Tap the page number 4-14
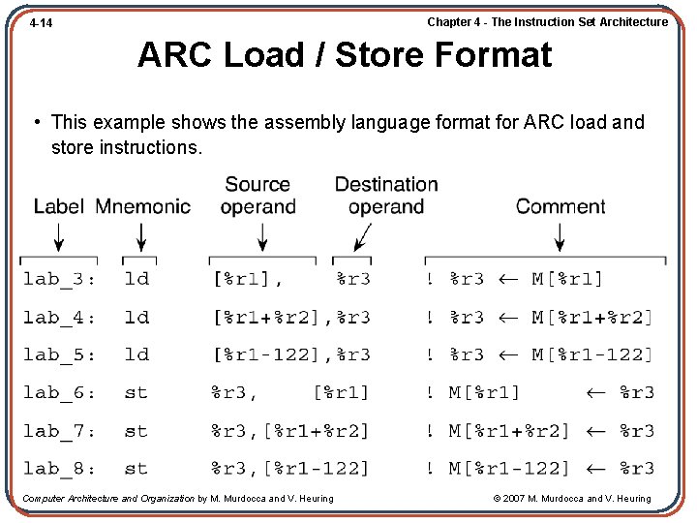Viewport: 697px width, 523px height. (41, 22)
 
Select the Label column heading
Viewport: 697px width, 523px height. (59, 205)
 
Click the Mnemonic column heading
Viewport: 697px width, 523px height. (143, 205)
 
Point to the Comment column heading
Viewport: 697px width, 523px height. (561, 205)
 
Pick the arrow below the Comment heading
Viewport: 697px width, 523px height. (559, 236)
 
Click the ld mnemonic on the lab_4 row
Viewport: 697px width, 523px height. (136, 317)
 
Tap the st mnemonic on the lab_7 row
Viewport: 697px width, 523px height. (136, 431)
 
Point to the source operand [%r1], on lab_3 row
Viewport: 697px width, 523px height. (247, 279)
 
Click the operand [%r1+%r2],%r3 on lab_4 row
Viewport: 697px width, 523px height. (290, 317)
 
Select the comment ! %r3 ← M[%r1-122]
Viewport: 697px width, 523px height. (539, 354)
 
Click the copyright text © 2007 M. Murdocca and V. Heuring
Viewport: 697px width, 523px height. (571, 499)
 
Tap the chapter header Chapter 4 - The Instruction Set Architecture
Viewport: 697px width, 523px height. (547, 21)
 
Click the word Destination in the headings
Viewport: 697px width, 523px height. (386, 184)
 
